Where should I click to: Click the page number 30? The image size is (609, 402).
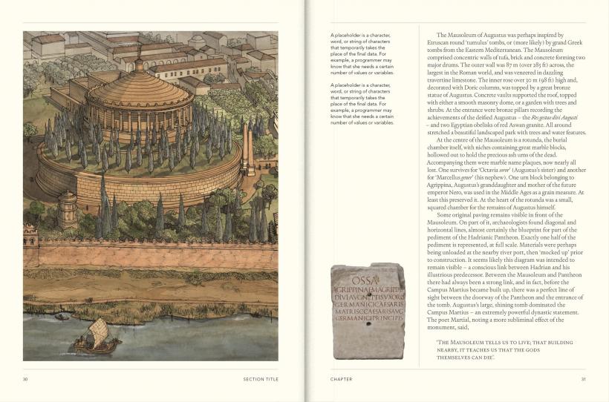(x=25, y=379)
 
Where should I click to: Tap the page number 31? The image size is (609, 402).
(x=583, y=379)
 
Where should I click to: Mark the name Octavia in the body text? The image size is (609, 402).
(x=493, y=168)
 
